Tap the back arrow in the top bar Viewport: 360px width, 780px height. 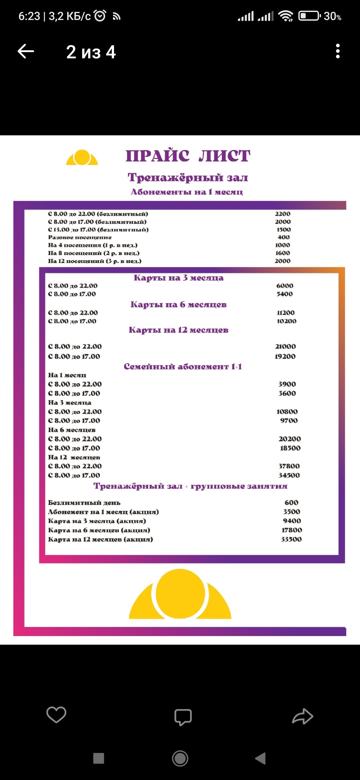[26, 51]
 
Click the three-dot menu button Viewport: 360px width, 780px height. [338, 51]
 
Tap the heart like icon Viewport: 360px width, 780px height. [56, 715]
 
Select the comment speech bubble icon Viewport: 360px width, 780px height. [183, 717]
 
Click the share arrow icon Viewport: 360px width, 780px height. [303, 716]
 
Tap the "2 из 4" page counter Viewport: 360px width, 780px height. [91, 52]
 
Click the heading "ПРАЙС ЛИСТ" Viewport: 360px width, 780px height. [188, 156]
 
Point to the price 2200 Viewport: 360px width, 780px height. [283, 214]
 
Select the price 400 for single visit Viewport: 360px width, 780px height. [284, 237]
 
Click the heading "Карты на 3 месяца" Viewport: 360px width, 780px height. [179, 278]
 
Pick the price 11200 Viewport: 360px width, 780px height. [286, 313]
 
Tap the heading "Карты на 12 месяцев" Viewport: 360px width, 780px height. [179, 330]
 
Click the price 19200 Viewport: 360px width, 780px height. [285, 356]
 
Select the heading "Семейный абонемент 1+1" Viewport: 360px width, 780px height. [183, 367]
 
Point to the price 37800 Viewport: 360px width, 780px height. [289, 466]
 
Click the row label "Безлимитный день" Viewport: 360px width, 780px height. [84, 503]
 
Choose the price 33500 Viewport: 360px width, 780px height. [291, 539]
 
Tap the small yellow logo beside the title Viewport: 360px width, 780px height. [82, 158]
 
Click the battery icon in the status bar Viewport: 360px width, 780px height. [309, 16]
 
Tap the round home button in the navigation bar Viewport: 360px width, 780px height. [180, 758]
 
